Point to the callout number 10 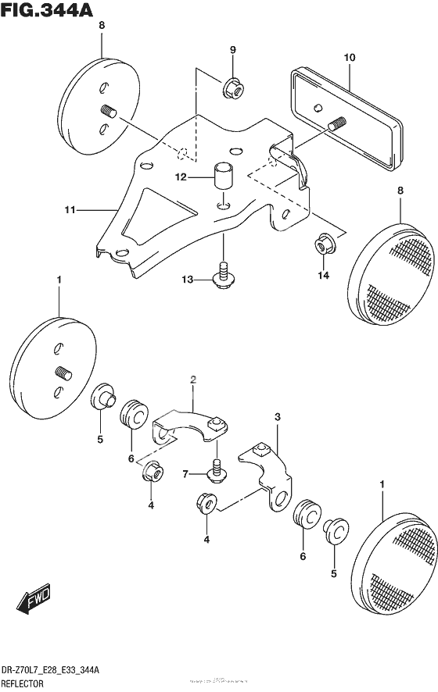point(349,58)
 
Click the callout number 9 point(232,51)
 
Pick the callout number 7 point(185,474)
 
